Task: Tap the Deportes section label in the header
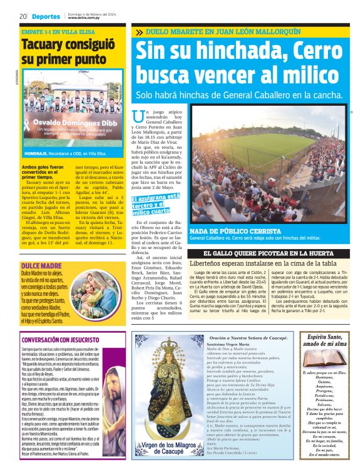[x=46, y=16]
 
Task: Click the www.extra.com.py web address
[x=84, y=18]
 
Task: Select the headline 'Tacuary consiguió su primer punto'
[x=63, y=53]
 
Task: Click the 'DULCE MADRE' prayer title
[x=39, y=265]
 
